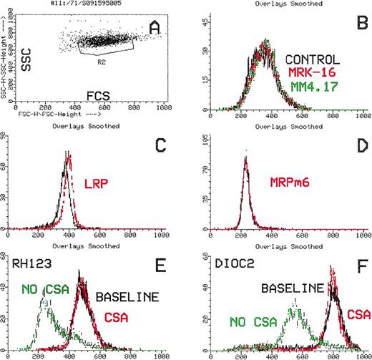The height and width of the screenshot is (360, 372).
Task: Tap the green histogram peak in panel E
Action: tap(47, 301)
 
